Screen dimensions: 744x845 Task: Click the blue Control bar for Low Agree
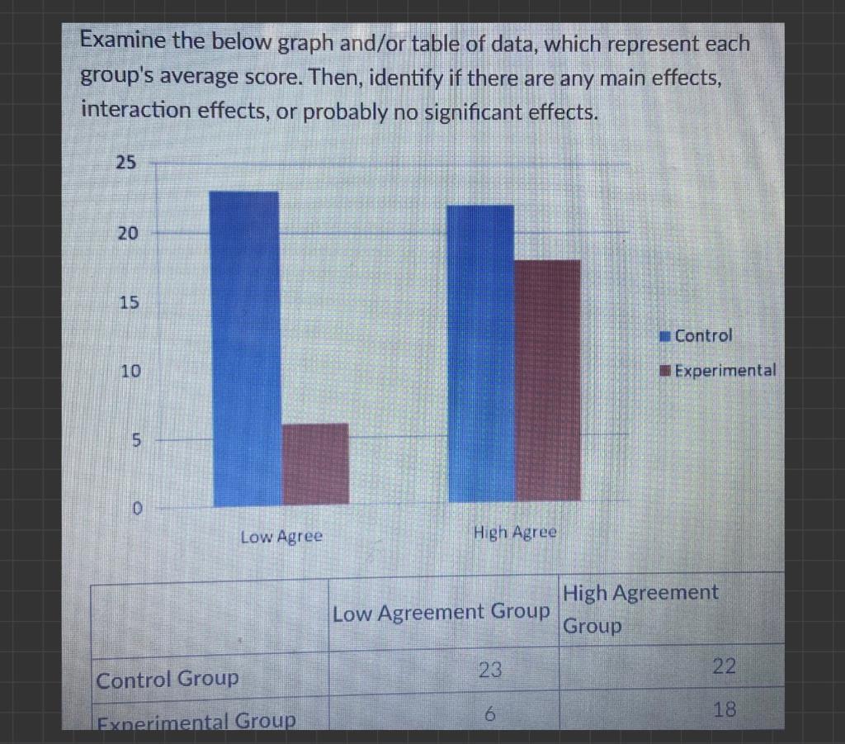pos(246,348)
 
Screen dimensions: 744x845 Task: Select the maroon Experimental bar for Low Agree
pos(315,463)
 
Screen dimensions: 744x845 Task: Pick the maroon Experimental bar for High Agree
pos(547,381)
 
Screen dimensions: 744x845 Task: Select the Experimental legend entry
pos(717,370)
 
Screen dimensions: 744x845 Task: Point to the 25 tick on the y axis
pos(125,163)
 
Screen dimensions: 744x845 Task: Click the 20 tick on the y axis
pos(126,234)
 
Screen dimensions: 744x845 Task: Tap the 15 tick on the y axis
pos(126,303)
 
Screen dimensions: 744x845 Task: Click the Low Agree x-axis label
pos(281,537)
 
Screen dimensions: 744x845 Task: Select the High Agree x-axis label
pos(516,533)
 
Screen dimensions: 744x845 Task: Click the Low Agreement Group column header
pos(441,613)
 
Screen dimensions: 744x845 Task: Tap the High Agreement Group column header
pos(640,609)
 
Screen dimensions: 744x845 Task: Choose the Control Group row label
pos(168,680)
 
